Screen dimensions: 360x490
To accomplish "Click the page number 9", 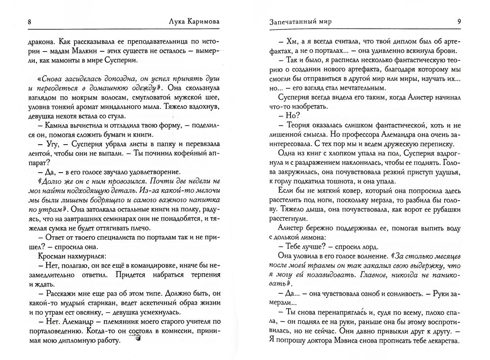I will point(459,21).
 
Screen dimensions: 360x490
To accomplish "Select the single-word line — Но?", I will point(289,115).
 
